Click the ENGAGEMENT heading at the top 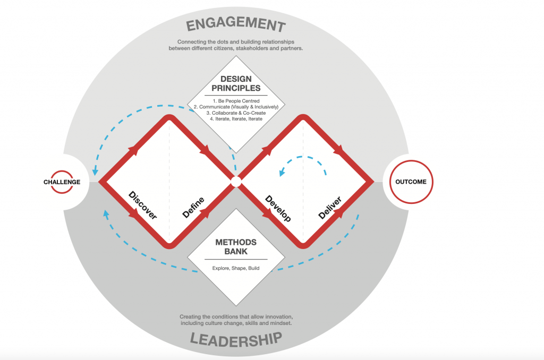[236, 23]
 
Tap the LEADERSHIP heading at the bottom [236, 339]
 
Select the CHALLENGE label [62, 182]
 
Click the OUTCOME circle [411, 182]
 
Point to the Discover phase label [142, 205]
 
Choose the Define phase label [193, 208]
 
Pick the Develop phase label [278, 209]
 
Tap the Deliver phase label [330, 208]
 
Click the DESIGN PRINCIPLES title [236, 83]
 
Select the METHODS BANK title [236, 247]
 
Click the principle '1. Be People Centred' [236, 101]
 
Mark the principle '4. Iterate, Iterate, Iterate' [236, 119]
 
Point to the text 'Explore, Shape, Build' [236, 268]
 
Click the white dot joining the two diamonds [236, 182]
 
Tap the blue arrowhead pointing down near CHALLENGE [95, 172]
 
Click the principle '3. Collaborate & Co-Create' [236, 113]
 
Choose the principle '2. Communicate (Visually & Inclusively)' [236, 107]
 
